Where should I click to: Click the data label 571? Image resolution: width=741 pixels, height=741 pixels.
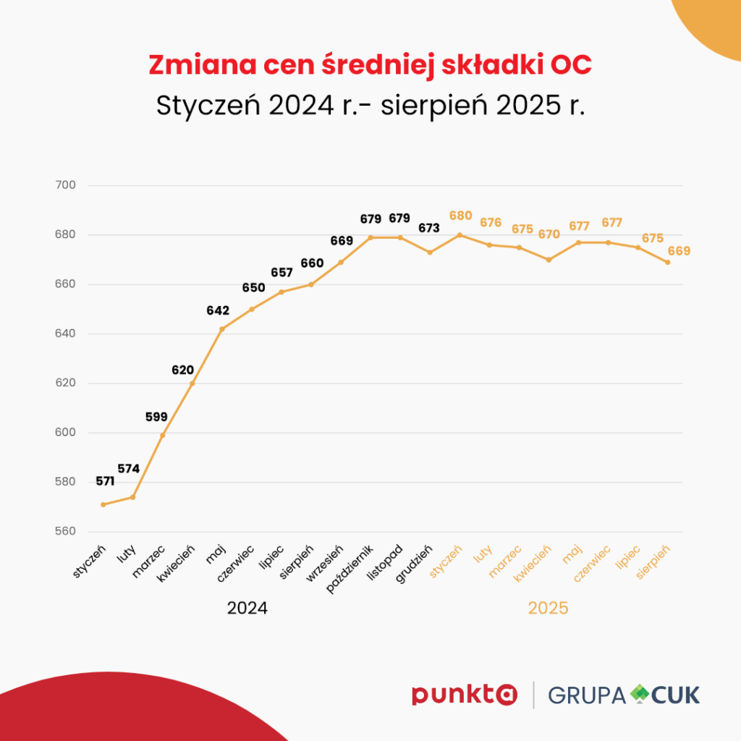click(105, 481)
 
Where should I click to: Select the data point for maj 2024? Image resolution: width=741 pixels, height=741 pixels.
click(222, 329)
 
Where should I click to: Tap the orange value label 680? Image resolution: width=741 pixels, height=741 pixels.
click(460, 216)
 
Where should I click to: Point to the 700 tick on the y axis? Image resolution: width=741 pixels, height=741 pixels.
click(66, 185)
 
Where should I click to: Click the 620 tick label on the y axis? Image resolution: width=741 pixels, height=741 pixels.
click(66, 384)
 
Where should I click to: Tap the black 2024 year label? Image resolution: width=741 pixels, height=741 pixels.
click(247, 608)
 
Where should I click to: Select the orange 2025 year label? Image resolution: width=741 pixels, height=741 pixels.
click(548, 608)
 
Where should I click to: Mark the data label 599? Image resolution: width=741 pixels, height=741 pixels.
click(156, 417)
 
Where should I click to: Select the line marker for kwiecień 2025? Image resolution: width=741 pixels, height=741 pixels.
click(549, 259)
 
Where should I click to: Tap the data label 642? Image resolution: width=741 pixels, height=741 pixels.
click(218, 311)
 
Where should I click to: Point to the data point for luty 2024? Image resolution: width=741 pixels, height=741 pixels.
click(133, 497)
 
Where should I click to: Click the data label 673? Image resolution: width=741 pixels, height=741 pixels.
click(429, 228)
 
